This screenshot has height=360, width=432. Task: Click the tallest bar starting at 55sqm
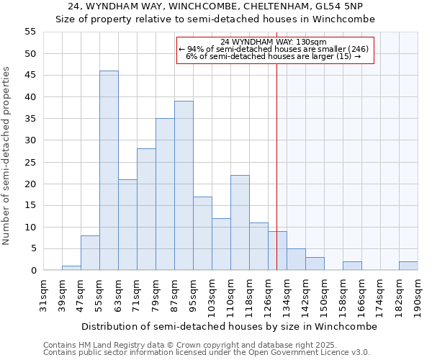109,171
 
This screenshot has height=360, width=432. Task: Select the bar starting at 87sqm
184,186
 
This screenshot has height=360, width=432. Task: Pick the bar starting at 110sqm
240,222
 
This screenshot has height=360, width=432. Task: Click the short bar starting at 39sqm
71,268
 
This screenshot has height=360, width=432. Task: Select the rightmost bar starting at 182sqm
408,266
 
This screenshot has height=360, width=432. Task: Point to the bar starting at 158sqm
352,266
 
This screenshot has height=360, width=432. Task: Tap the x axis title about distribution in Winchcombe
229,326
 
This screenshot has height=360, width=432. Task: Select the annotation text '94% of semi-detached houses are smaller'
276,49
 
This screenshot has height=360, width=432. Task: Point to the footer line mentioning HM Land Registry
205,345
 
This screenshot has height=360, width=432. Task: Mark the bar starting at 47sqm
90,253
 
